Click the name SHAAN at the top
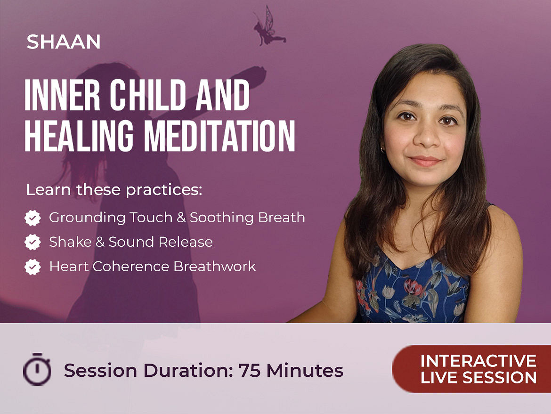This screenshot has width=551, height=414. coord(64,42)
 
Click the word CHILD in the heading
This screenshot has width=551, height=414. coord(147,95)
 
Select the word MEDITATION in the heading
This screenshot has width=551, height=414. coord(219,136)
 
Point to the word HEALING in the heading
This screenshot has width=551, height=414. coord(79,136)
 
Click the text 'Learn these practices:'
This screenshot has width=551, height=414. coord(114,190)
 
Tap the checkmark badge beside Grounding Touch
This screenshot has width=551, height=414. coord(32,218)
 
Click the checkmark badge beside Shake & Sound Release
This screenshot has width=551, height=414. coord(32,242)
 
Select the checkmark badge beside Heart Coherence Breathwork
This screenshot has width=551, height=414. coord(32,267)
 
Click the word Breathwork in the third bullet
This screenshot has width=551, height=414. coord(215,267)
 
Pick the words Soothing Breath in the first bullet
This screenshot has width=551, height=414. coord(247,218)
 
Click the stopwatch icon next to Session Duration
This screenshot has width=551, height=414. coord(37,369)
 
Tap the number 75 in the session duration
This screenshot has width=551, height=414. coord(250,370)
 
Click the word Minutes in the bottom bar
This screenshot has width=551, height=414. coord(305,370)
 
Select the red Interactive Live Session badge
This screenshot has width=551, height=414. coord(471,369)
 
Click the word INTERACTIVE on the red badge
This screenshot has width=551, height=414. coord(478,361)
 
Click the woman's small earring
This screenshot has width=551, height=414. coord(383,150)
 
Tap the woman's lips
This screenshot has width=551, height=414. coord(425,161)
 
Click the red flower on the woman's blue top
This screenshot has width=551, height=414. coord(413,286)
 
